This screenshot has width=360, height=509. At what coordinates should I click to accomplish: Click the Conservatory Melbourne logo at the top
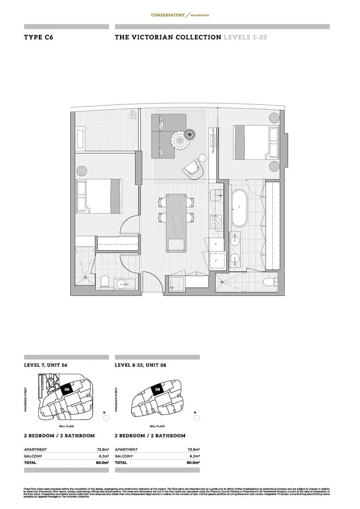pos(180,15)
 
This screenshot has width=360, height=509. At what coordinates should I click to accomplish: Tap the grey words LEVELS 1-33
pos(245,37)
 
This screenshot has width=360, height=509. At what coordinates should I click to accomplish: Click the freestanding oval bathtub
pos(239,208)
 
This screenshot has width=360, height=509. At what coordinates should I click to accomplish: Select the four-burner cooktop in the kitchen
pos(216,222)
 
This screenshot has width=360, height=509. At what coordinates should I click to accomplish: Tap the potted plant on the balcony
pos(134,114)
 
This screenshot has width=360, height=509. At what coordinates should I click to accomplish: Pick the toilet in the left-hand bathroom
pos(105,282)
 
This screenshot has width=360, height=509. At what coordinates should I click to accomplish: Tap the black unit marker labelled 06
pos(66,389)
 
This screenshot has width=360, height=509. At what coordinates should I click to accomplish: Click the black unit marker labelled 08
pos(157,389)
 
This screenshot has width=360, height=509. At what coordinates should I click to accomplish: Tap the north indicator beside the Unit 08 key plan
pos(197,417)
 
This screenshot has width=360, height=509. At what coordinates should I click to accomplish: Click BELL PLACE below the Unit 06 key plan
pos(65,426)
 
